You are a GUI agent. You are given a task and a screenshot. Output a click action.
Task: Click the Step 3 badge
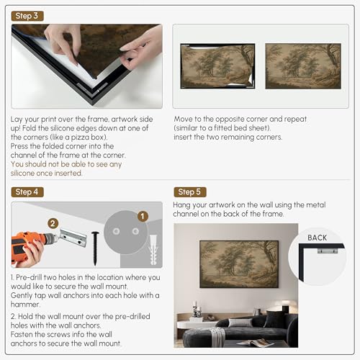tap(27, 16)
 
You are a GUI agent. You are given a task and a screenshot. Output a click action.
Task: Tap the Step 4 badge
tap(27, 192)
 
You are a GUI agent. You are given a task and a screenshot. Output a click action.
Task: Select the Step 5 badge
tap(190, 192)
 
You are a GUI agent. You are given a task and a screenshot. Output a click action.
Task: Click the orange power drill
tap(31, 246)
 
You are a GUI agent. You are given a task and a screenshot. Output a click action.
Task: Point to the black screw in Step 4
tap(95, 248)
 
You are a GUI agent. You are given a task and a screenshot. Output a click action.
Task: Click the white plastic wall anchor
tap(153, 250)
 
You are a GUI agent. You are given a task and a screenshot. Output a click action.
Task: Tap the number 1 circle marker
tap(143, 217)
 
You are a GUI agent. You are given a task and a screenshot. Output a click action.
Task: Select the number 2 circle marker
tap(53, 224)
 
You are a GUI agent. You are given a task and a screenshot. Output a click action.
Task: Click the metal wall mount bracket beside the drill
tap(73, 238)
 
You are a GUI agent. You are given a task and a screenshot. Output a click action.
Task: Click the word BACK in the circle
tap(317, 238)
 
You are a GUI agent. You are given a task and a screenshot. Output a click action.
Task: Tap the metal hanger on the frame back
tap(328, 251)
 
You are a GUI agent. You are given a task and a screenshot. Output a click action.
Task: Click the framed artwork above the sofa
tap(239, 264)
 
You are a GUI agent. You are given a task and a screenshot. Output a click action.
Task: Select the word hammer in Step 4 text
tap(24, 305)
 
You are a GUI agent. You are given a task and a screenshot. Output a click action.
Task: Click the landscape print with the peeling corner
tap(217, 66)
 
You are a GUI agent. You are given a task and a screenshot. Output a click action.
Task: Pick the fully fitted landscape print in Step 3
tap(303, 66)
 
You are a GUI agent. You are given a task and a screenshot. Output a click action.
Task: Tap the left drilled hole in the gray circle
tap(117, 231)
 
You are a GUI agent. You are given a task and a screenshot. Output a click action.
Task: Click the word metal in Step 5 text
tap(315, 204)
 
